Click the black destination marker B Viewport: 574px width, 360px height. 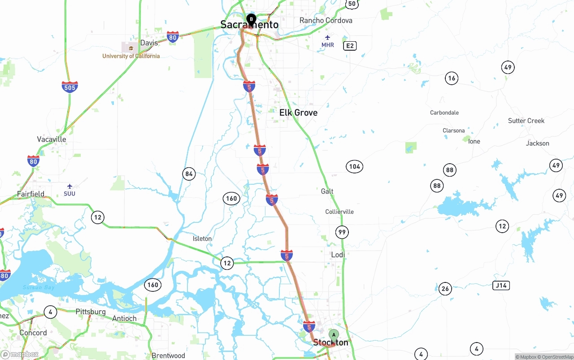point(252,19)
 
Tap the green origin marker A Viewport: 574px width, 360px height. point(334,335)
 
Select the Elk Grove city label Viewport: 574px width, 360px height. point(298,113)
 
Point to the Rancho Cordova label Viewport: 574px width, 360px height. point(326,21)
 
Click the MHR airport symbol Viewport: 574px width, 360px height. point(328,37)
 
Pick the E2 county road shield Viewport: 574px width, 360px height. point(350,46)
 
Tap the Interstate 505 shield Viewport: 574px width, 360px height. point(70,87)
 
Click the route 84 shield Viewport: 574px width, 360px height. point(189,174)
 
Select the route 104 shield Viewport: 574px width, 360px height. point(354,167)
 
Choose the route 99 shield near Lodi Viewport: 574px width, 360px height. point(342,232)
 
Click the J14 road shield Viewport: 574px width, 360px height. point(501,286)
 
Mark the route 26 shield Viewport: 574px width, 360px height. point(445,289)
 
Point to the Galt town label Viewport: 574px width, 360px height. point(327,191)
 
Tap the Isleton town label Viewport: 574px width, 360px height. point(202,239)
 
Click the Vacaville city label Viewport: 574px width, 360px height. point(52,139)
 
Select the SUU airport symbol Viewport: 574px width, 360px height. point(70,186)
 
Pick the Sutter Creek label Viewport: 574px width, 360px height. point(526,121)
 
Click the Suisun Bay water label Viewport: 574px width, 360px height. point(39,287)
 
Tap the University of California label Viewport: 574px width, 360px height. point(131,56)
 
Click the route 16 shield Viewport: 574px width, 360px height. point(452,78)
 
